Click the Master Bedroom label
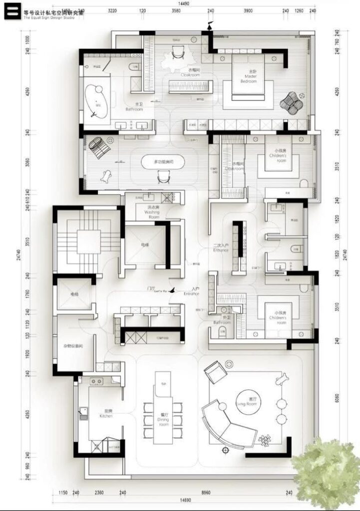click(x=248, y=78)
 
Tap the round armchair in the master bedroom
click(x=292, y=102)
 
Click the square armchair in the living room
click(x=215, y=372)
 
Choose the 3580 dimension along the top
click(x=175, y=10)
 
